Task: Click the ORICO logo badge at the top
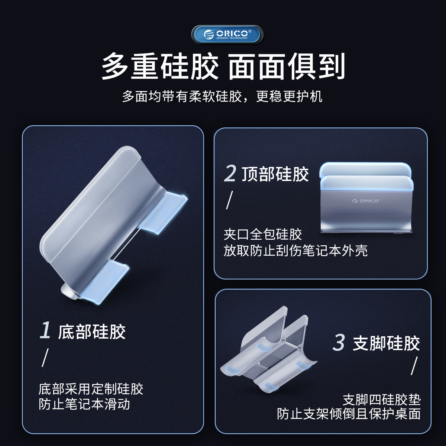[227, 35]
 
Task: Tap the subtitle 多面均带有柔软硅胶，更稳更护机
[222, 96]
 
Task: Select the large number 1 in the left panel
[45, 330]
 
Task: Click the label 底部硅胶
[92, 332]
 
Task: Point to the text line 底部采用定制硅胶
[91, 389]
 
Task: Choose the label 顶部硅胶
[275, 174]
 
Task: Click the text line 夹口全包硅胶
[263, 235]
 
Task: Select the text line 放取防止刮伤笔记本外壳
[295, 251]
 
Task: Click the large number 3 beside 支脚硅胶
[339, 342]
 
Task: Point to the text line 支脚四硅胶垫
[382, 400]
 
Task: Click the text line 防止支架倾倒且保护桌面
[349, 414]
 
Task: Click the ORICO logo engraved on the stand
[365, 200]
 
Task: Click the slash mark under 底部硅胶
[45, 358]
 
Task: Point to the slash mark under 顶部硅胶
[229, 200]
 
